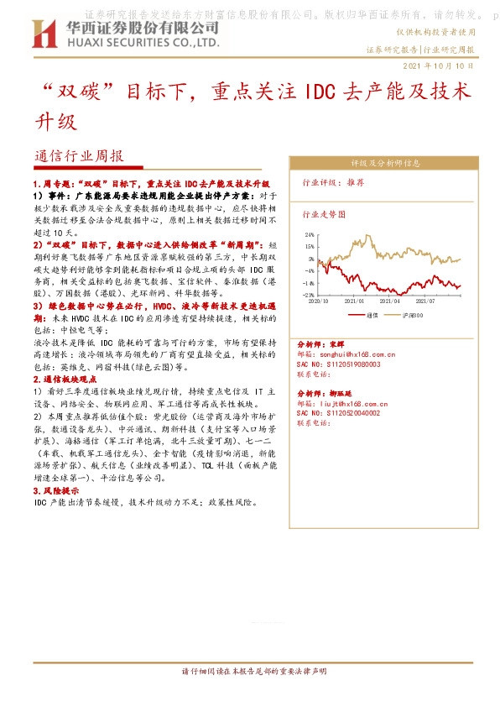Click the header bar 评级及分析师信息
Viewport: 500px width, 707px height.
(385, 162)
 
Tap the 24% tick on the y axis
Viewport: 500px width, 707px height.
(309, 235)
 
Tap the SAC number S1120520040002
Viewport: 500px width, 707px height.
(339, 413)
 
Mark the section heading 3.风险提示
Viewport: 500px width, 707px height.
(56, 490)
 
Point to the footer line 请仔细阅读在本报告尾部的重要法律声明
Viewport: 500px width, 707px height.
(250, 672)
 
